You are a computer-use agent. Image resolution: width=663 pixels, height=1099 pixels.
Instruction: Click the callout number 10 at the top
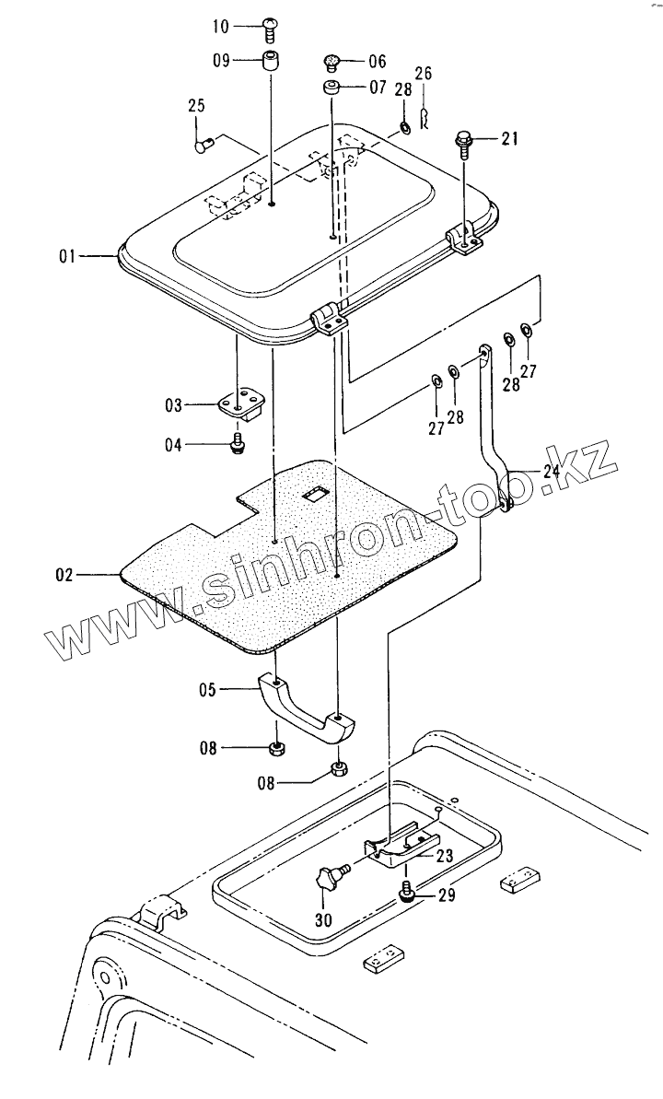(221, 27)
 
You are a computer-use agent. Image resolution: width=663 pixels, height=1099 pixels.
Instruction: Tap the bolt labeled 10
(272, 29)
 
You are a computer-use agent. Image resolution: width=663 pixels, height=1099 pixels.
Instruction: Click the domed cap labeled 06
(332, 63)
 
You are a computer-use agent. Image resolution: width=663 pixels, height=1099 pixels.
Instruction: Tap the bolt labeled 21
(462, 143)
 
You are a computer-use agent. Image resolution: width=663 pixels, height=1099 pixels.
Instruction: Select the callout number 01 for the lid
(67, 257)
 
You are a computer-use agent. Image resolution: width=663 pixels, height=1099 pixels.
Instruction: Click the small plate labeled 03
(241, 403)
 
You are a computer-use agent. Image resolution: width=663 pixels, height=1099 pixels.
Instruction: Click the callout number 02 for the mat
(64, 576)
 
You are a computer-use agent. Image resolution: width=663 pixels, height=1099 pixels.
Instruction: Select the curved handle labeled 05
(304, 705)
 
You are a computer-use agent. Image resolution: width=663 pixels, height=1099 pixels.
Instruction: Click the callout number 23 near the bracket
(445, 856)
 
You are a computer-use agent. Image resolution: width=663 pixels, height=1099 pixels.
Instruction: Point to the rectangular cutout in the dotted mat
(315, 495)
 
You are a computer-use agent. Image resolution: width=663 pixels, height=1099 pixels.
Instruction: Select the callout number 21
(510, 139)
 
